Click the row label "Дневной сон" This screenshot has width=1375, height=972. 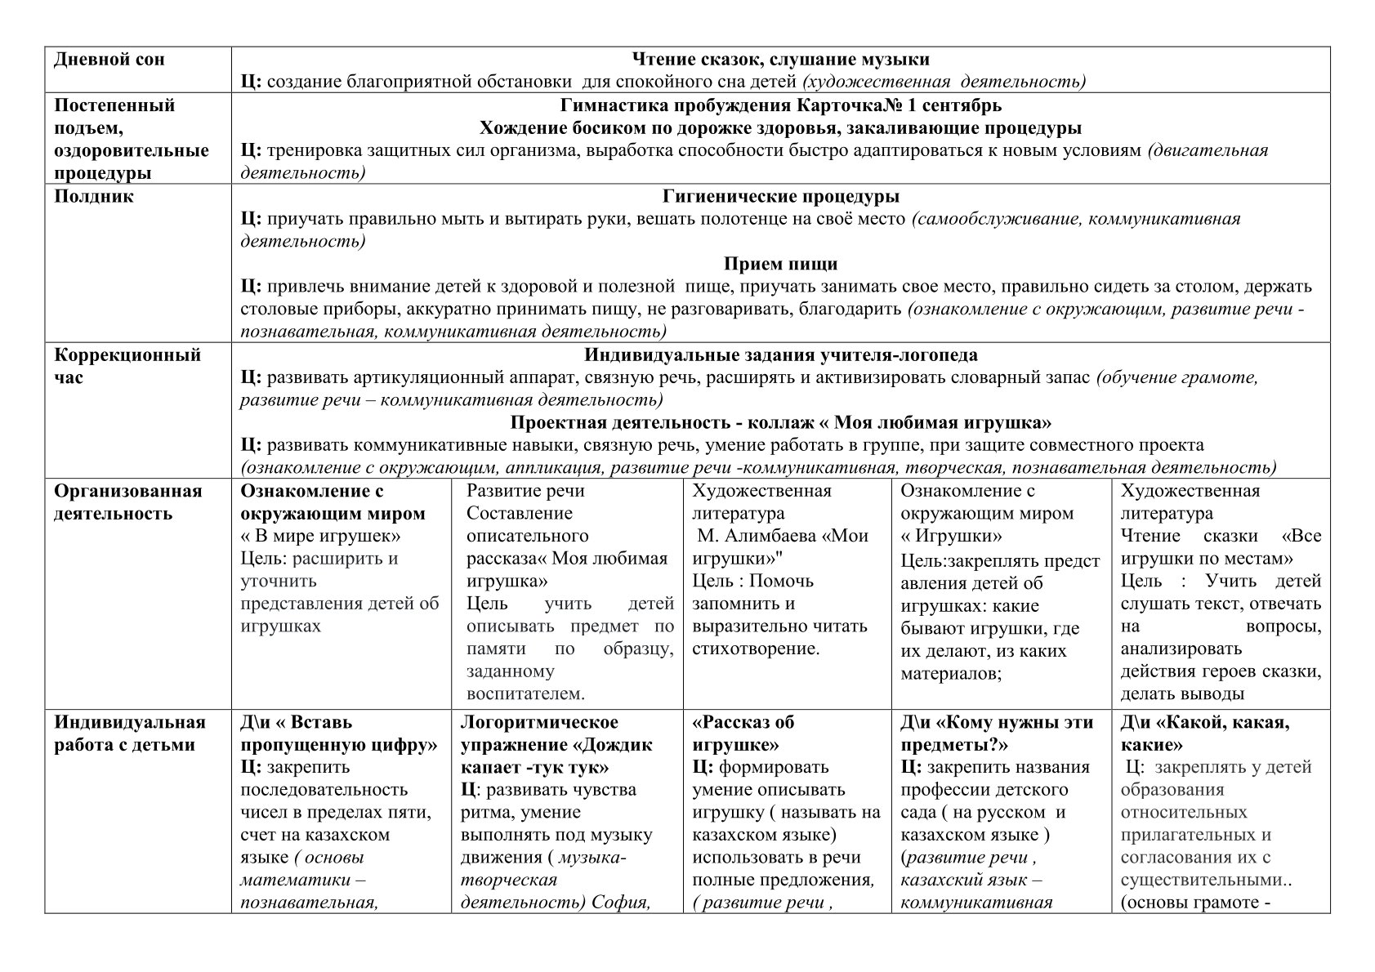[109, 60]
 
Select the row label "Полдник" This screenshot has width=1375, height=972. [94, 197]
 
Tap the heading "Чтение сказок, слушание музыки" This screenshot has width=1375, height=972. [780, 60]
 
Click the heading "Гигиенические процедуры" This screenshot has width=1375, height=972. [780, 197]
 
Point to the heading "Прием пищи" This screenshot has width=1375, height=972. [780, 265]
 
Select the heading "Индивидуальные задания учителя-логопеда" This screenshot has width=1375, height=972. [780, 355]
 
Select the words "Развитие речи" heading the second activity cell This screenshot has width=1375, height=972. [525, 491]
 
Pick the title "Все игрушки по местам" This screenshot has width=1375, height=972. [1220, 548]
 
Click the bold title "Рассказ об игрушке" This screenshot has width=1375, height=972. [743, 733]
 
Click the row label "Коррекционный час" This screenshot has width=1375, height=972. [127, 366]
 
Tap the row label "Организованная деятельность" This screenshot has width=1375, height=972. [127, 502]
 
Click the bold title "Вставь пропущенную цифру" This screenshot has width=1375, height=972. [339, 733]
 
